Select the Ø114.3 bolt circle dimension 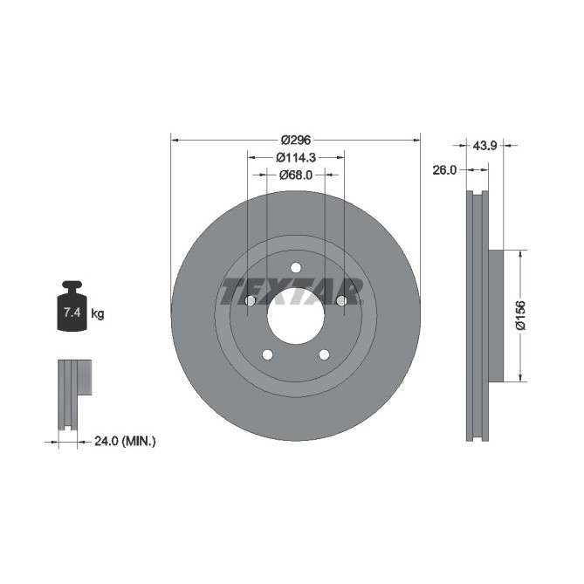[295, 157]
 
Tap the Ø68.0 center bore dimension [296, 175]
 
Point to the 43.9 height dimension [484, 146]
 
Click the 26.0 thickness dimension [445, 170]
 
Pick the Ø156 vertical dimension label [520, 315]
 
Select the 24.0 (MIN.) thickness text [124, 442]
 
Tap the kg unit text [97, 313]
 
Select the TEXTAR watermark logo [292, 291]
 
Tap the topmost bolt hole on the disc [295, 268]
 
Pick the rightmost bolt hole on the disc [341, 301]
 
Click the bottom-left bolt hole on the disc [267, 354]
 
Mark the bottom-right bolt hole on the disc [324, 354]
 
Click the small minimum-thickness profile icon [73, 393]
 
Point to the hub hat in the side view [497, 315]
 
